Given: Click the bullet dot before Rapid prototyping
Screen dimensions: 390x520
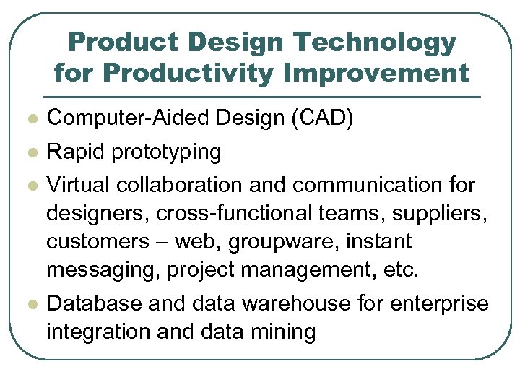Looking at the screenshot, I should [30, 153].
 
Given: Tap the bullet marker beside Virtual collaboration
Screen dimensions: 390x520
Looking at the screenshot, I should [30, 186].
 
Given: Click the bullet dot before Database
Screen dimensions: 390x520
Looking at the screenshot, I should [30, 305].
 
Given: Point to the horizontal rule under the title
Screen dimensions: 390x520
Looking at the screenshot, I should [261, 97].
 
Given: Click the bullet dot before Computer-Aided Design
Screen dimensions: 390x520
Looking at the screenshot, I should [30, 119].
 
